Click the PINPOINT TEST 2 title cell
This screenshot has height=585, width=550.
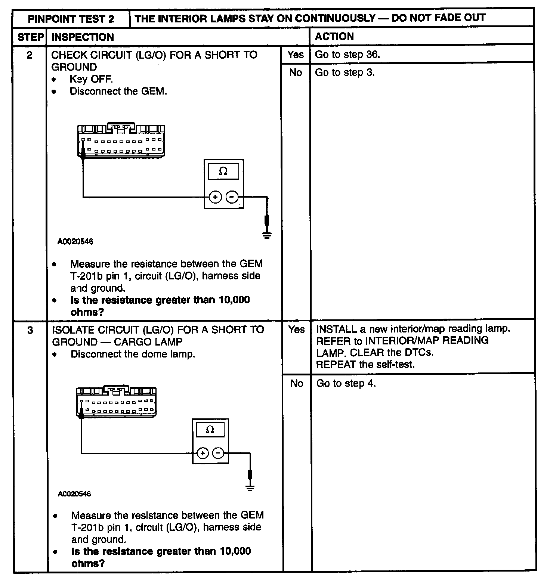coord(71,19)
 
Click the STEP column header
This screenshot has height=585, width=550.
coord(30,37)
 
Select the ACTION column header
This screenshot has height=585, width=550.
coord(334,36)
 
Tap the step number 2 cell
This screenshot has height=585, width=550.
coord(30,55)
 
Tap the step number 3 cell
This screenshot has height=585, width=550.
coord(30,330)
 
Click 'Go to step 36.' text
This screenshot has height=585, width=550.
coord(347,55)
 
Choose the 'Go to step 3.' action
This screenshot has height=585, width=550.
coord(344,72)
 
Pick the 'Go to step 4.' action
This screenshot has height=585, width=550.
coord(346,383)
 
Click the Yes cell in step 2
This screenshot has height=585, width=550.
coord(296,55)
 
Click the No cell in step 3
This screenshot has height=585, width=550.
coord(297,383)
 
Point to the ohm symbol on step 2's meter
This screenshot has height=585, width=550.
coord(223,171)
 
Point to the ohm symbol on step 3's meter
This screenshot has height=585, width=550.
coord(210,430)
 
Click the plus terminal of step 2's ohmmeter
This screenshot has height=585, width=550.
coord(215,197)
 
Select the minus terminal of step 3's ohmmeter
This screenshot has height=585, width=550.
coord(218,454)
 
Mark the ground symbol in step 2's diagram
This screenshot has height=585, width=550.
coord(267,235)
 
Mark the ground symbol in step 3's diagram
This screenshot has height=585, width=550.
coord(250,487)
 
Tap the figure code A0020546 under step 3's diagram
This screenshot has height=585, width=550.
coord(74,494)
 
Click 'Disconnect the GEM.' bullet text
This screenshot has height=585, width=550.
coord(118,92)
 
